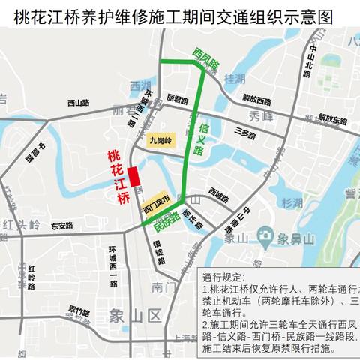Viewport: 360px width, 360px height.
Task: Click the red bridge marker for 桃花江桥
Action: [x=133, y=177]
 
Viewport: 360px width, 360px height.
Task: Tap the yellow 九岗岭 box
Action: [x=161, y=139]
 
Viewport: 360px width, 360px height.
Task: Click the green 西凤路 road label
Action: [x=204, y=60]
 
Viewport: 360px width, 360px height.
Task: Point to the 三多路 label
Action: [x=245, y=136]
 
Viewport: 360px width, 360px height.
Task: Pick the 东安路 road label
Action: [x=62, y=225]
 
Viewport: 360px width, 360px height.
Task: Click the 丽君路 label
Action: [x=178, y=98]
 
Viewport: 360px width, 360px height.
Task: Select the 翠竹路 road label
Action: [x=79, y=309]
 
